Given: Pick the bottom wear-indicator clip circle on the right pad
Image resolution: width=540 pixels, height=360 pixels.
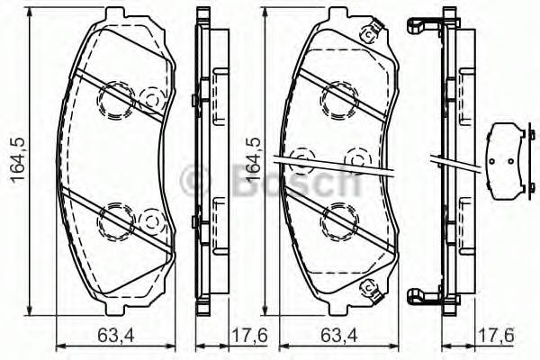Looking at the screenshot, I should [x=367, y=288].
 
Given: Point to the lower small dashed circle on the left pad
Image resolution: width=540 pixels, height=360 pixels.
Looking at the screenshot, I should [x=151, y=218].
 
